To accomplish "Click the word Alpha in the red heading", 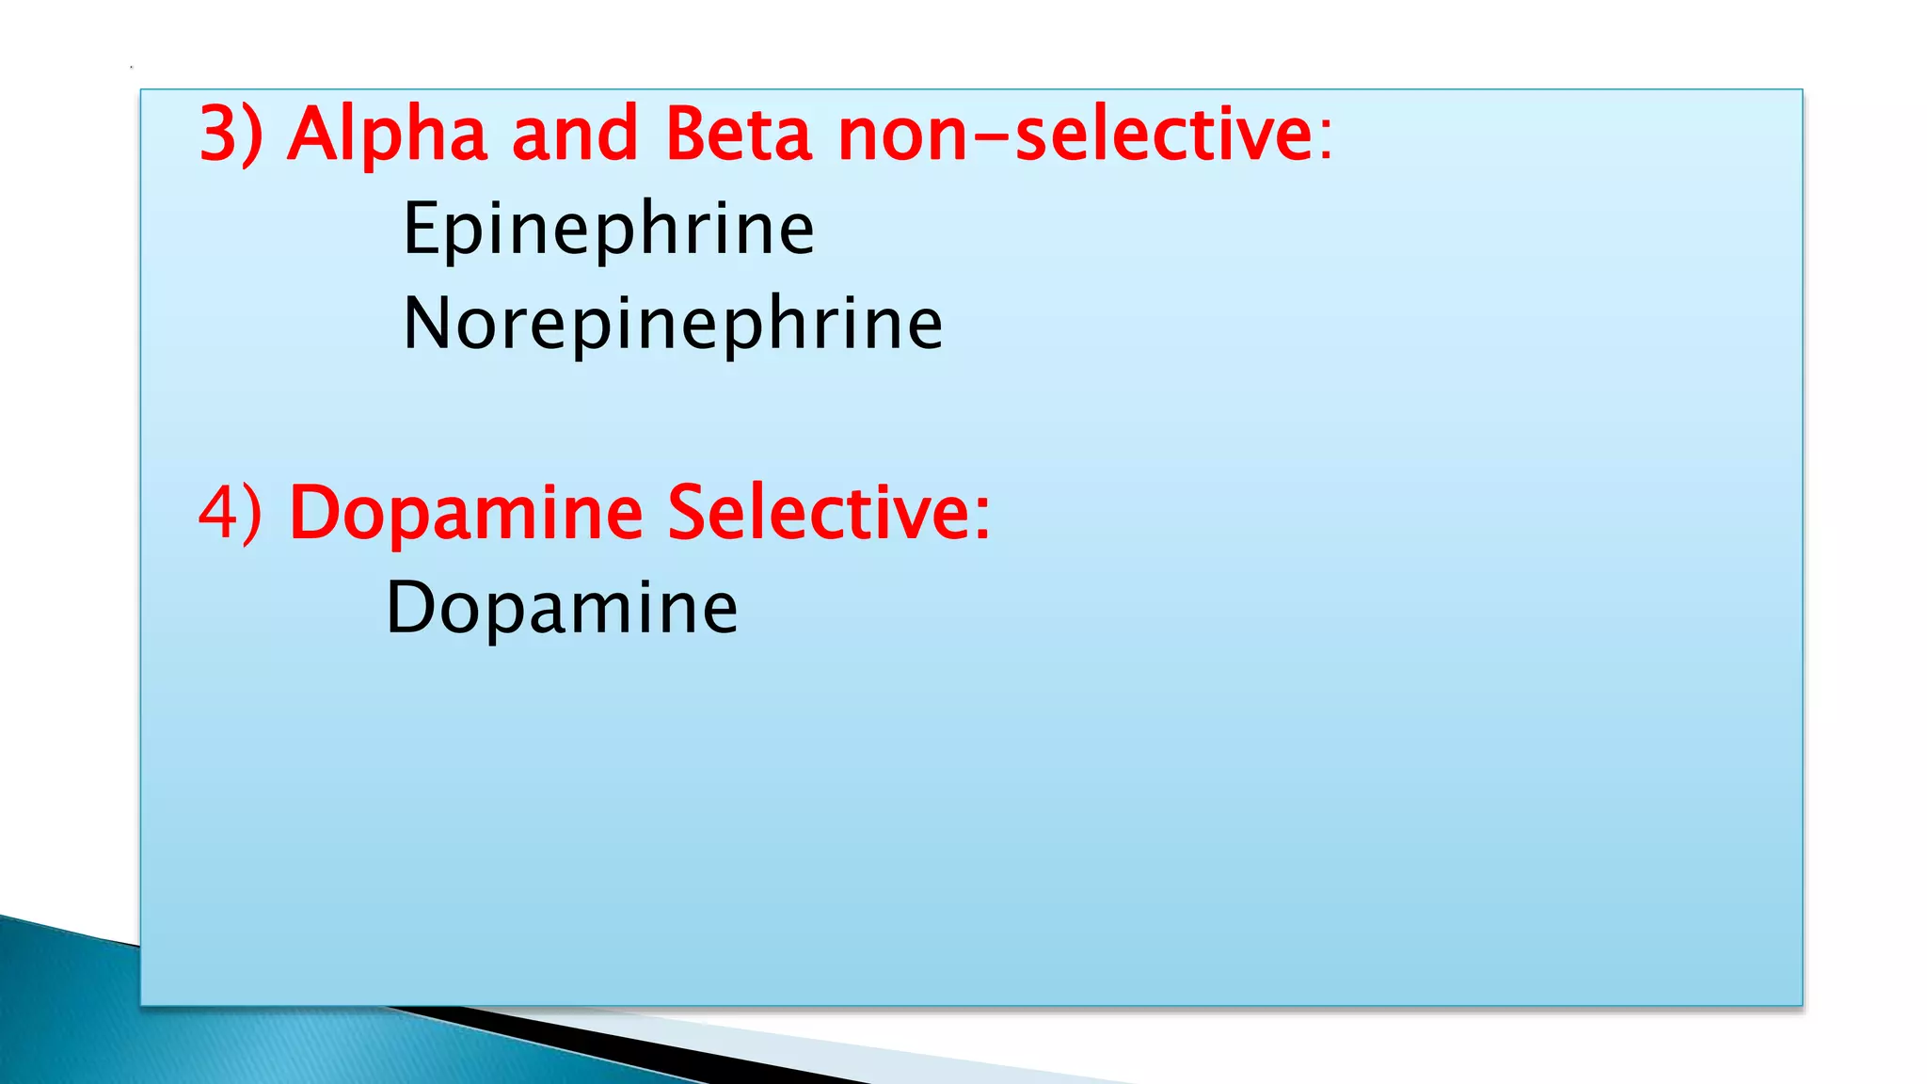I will [x=387, y=135].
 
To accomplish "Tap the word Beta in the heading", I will [x=738, y=135].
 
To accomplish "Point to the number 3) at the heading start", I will [x=231, y=135].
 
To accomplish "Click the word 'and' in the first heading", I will [x=575, y=135].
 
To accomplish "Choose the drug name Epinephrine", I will [x=608, y=229].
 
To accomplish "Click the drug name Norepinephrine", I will [x=673, y=324].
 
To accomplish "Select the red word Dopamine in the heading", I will [x=466, y=514].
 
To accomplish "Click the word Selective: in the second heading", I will [x=829, y=514].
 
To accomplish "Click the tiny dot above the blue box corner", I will [x=132, y=68].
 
